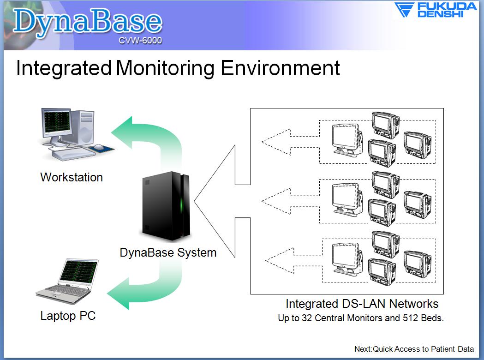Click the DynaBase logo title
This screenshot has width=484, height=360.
[x=87, y=22]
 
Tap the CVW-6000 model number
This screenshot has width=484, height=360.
[x=140, y=41]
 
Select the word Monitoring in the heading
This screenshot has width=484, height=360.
[x=165, y=68]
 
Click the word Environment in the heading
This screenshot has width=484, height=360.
[x=280, y=68]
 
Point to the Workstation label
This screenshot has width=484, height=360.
[x=72, y=177]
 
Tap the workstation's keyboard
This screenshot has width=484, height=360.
[x=73, y=154]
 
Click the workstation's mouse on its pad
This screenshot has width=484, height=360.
[x=99, y=147]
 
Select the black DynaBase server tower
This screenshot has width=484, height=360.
[x=166, y=206]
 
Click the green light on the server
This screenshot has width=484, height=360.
[x=182, y=204]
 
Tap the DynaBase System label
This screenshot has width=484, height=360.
[x=168, y=252]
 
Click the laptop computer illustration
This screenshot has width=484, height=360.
[x=67, y=281]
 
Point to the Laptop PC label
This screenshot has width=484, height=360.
[x=68, y=316]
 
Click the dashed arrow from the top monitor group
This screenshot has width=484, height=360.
[x=290, y=142]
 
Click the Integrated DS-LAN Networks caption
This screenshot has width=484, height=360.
[x=362, y=304]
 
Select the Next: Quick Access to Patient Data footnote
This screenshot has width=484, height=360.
[x=414, y=349]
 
